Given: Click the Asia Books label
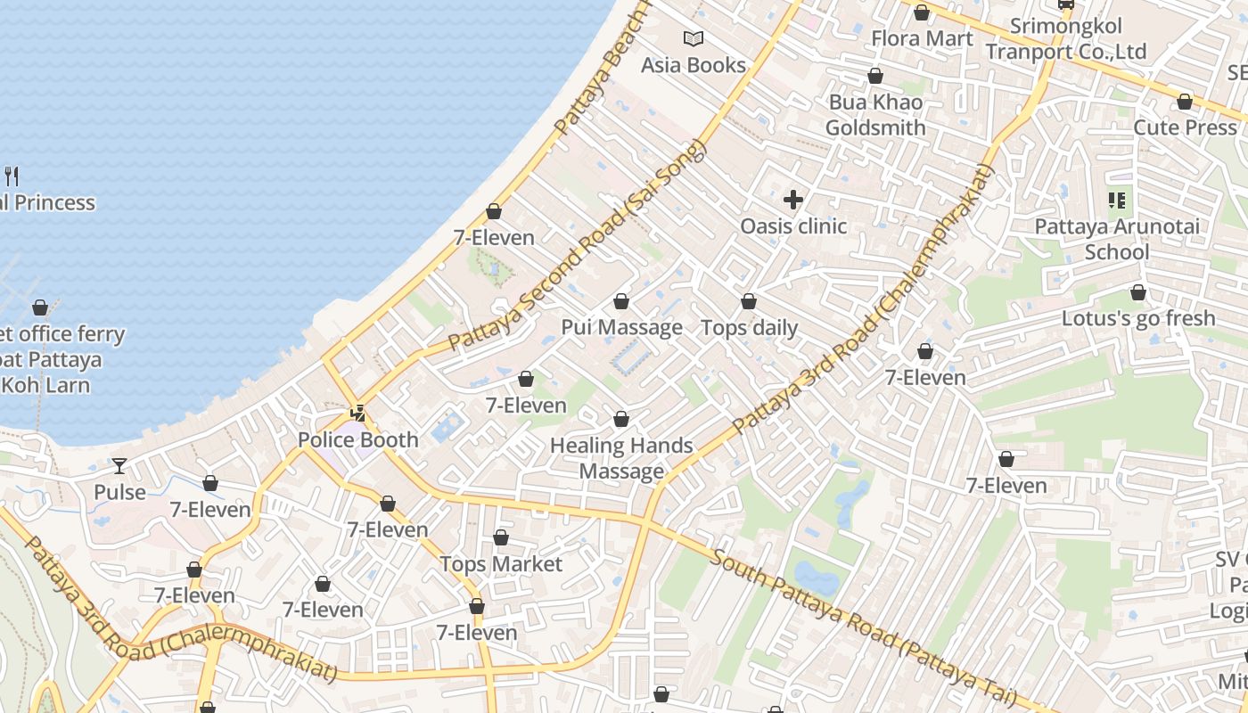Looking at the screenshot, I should [694, 65].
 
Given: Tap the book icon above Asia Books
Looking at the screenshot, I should [694, 38].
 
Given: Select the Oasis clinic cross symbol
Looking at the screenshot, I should [793, 200].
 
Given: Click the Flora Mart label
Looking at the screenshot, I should [922, 38].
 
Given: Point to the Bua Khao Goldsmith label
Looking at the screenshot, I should [875, 115].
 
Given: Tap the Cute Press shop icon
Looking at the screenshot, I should [1185, 102].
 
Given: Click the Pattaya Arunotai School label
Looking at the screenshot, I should [1117, 239].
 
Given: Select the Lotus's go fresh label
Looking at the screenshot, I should [1138, 318].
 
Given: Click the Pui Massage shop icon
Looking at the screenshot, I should [621, 301].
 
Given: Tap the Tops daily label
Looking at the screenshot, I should [749, 327].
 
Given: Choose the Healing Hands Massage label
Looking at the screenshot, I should [621, 458].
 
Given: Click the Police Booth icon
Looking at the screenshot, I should [358, 413].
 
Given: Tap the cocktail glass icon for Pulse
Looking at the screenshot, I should [119, 465].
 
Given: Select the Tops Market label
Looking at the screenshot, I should [501, 564].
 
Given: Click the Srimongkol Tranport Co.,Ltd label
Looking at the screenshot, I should [1065, 39].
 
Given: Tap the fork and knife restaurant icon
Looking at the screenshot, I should [12, 176].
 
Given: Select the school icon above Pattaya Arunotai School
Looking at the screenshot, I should [1117, 200].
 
